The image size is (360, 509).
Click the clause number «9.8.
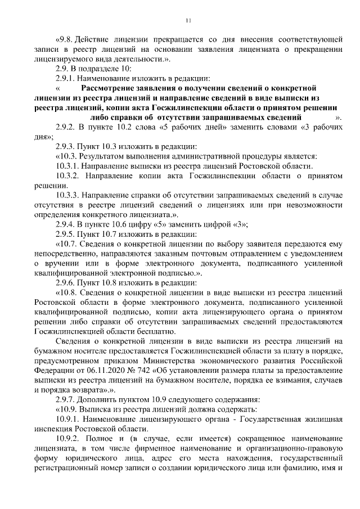[65, 39]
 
